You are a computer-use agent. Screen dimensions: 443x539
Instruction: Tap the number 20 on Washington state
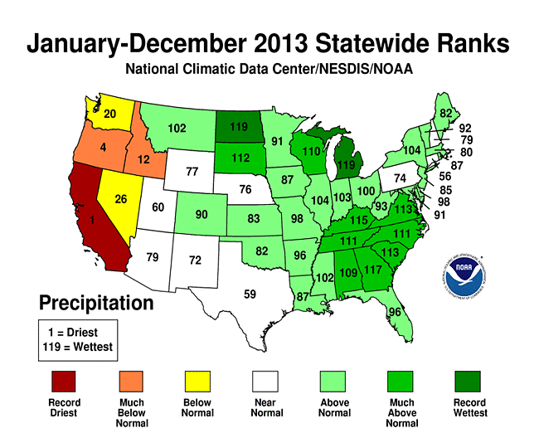click(x=109, y=114)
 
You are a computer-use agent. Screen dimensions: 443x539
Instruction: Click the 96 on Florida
click(x=396, y=312)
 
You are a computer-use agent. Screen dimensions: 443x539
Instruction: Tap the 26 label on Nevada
click(x=121, y=199)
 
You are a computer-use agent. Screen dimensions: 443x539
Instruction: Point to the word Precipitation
click(x=96, y=303)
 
